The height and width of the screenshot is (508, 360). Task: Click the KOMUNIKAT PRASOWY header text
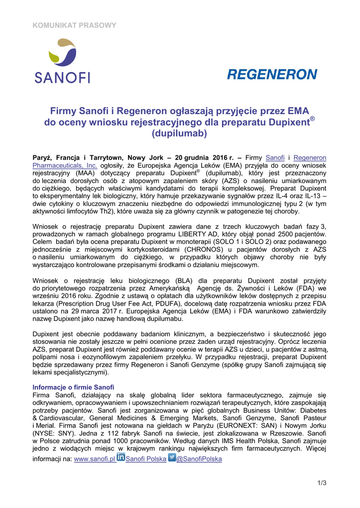click(74, 25)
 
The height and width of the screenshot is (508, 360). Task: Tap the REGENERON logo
click(272, 74)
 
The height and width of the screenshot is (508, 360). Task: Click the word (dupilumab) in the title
click(179, 133)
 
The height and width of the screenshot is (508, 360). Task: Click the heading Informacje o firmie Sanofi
click(73, 387)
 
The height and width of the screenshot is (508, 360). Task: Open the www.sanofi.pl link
click(94, 459)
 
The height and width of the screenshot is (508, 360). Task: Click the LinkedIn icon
click(121, 457)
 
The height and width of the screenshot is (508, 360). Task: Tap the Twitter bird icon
click(172, 457)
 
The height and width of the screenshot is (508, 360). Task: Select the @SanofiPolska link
click(199, 459)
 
